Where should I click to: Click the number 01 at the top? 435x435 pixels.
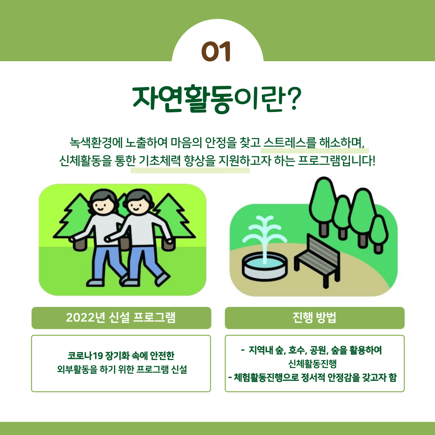(x=216, y=51)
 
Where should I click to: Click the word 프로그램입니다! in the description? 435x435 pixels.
(x=336, y=160)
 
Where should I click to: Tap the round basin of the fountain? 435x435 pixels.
(x=265, y=267)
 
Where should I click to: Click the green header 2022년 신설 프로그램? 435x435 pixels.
(x=121, y=318)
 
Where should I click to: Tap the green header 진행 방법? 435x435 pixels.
(x=315, y=318)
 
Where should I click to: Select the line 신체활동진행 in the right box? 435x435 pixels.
(x=313, y=364)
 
